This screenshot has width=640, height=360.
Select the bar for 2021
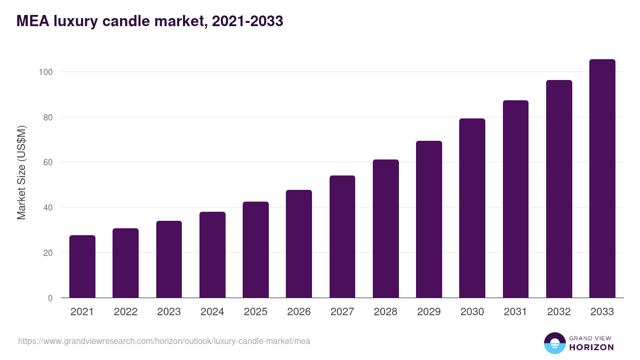pyautogui.click(x=82, y=267)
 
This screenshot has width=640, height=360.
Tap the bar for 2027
pyautogui.click(x=342, y=237)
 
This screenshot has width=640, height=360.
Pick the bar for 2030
pyautogui.click(x=472, y=208)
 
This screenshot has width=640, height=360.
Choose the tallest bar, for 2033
pyautogui.click(x=602, y=179)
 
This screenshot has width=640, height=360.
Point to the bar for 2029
pyautogui.click(x=429, y=219)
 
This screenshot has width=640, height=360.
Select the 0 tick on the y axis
pyautogui.click(x=50, y=298)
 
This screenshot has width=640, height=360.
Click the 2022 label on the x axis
pyautogui.click(x=125, y=312)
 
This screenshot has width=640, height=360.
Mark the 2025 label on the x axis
pyautogui.click(x=255, y=312)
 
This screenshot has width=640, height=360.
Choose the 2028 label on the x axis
pyautogui.click(x=386, y=312)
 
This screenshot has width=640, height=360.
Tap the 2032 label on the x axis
pyautogui.click(x=559, y=312)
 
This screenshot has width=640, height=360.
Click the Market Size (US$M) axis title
pyautogui.click(x=21, y=173)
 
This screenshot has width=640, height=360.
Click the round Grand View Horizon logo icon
pyautogui.click(x=554, y=343)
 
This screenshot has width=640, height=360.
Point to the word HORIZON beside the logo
pyautogui.click(x=591, y=347)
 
